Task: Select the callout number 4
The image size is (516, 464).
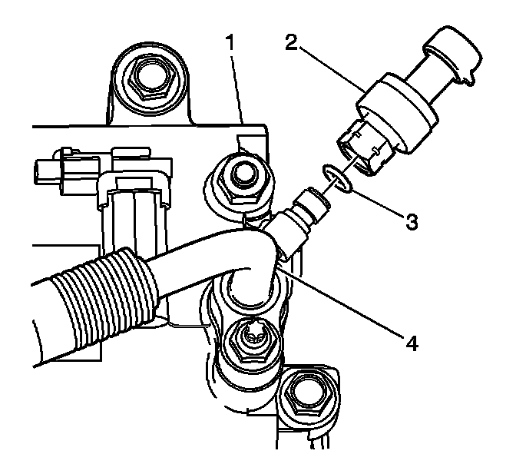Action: pos(412,343)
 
